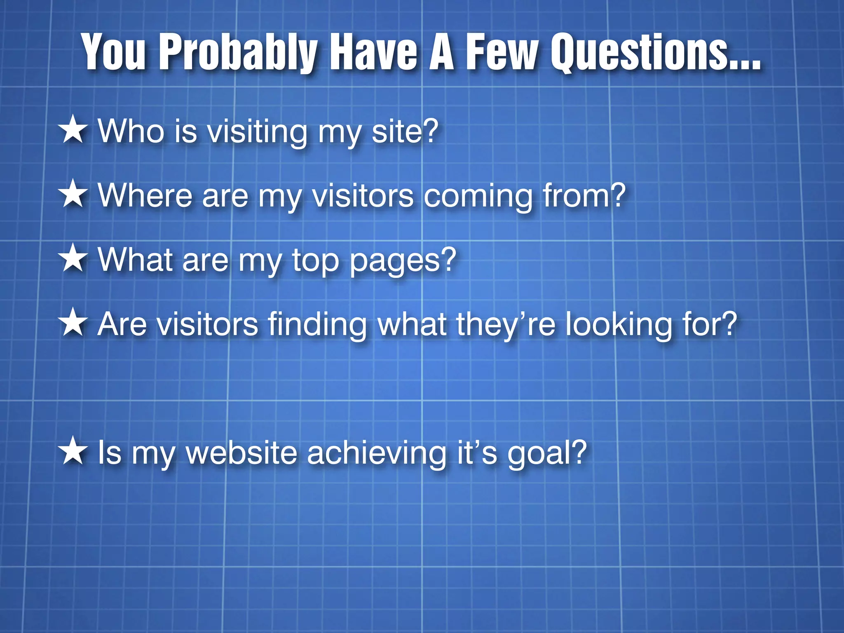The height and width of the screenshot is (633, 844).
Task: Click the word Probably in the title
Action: click(x=238, y=53)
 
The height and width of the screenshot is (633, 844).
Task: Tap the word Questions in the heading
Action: click(x=655, y=53)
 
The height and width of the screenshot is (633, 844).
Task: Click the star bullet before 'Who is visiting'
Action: click(x=73, y=130)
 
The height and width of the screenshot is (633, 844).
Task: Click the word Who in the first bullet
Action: click(x=131, y=131)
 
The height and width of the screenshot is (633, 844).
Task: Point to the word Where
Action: click(x=145, y=195)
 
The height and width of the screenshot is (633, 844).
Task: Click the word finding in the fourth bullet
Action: click(x=317, y=325)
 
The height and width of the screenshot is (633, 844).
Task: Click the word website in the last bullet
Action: click(x=241, y=452)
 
